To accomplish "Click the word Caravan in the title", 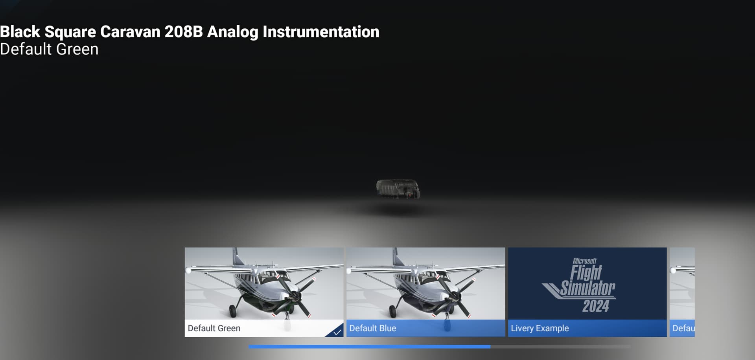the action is [x=130, y=32].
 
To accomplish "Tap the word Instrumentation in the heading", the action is [x=321, y=32].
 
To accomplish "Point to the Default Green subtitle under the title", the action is [x=49, y=50].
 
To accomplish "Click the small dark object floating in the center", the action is [x=398, y=189].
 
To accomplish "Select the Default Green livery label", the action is [x=214, y=328].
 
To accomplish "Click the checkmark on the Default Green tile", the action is [x=337, y=332].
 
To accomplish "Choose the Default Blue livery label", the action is [x=372, y=328].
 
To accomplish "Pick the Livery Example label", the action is [x=540, y=328].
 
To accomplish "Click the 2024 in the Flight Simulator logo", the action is [x=595, y=306].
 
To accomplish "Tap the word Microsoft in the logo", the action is [x=584, y=261].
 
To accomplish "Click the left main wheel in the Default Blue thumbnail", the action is [x=392, y=312].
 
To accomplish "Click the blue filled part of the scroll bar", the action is [x=369, y=347].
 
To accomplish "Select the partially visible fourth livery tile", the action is [x=682, y=292].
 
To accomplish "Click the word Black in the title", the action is [x=20, y=32].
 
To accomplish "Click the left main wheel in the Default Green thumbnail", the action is [x=233, y=312].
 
